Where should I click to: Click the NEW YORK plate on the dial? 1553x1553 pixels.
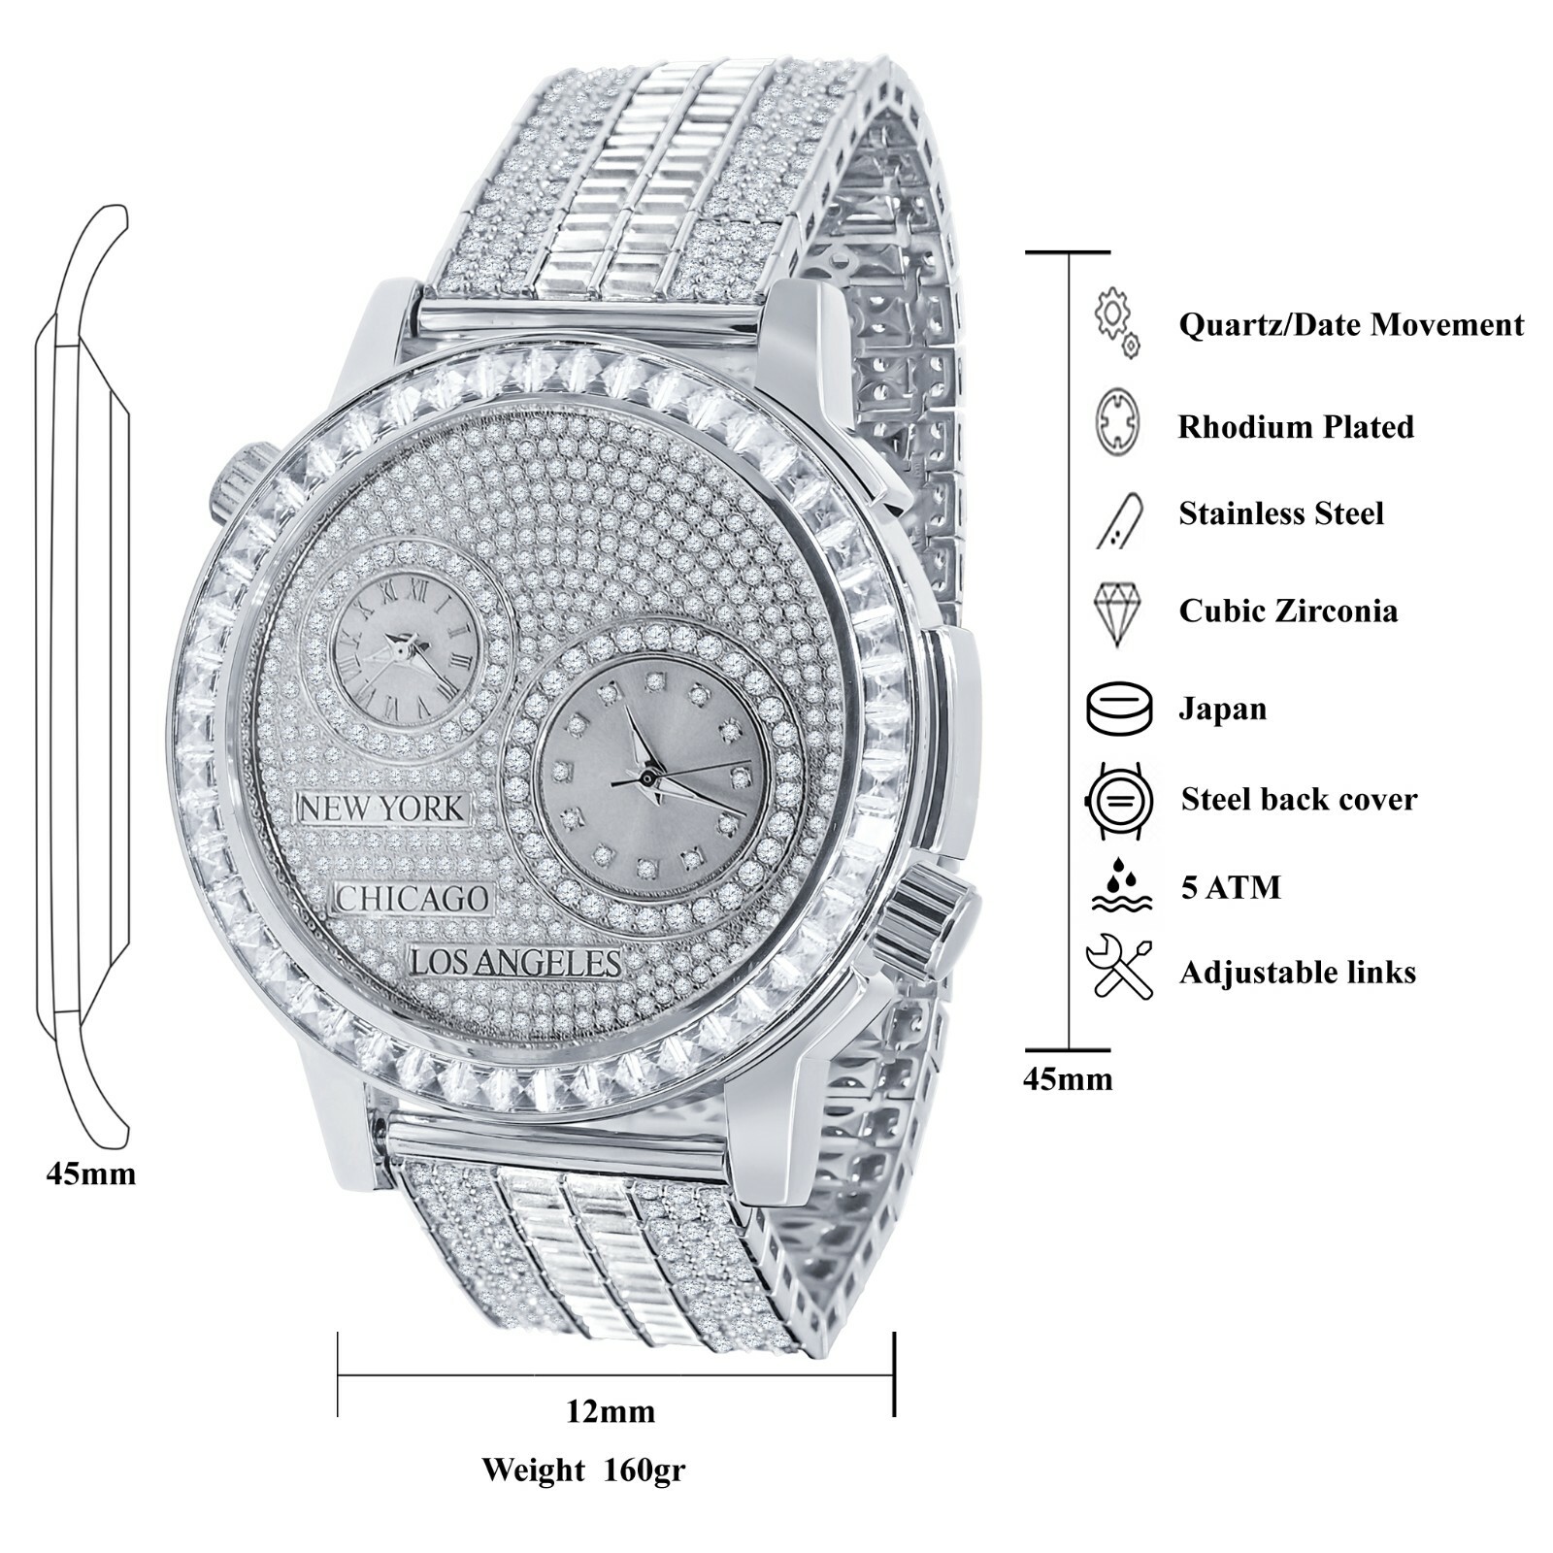point(381,809)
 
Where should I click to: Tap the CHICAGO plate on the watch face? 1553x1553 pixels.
point(413,899)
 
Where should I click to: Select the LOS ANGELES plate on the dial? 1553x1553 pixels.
point(514,962)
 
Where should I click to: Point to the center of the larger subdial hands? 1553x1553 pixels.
point(645,777)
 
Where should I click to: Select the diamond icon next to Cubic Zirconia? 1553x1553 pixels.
point(1117,612)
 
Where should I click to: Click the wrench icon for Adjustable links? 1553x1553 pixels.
point(1120,967)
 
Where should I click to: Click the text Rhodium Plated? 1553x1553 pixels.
point(1296,427)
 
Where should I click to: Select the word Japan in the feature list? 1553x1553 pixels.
point(1222,709)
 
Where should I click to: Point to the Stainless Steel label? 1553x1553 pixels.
point(1281,513)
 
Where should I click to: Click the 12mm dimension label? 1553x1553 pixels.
point(611,1410)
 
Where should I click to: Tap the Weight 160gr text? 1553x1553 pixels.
point(583,1470)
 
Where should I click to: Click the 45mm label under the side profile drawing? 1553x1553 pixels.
point(91,1174)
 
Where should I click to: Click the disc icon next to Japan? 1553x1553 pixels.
point(1120,709)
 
